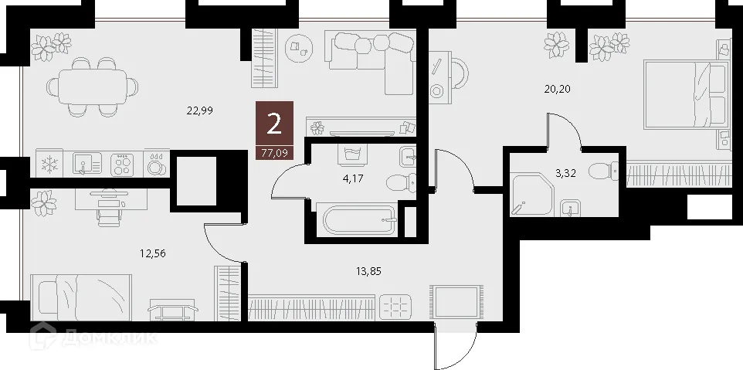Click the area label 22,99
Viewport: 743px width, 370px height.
199,110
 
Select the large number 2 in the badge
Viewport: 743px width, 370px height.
273,124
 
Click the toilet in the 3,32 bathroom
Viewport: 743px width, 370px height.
602,171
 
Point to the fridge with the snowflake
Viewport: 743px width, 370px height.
49,164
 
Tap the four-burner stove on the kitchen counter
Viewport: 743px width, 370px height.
122,164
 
